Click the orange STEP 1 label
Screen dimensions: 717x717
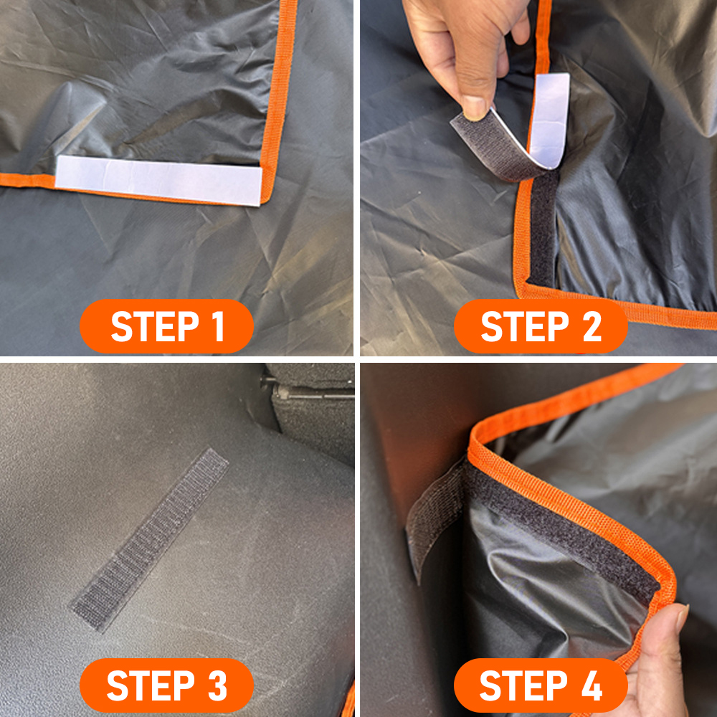tap(166, 326)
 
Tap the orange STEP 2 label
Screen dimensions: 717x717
tap(541, 326)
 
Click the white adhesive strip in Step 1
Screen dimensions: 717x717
tap(158, 180)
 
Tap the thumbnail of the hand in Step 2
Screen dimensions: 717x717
tap(475, 108)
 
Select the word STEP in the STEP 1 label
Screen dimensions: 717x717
tap(147, 326)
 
